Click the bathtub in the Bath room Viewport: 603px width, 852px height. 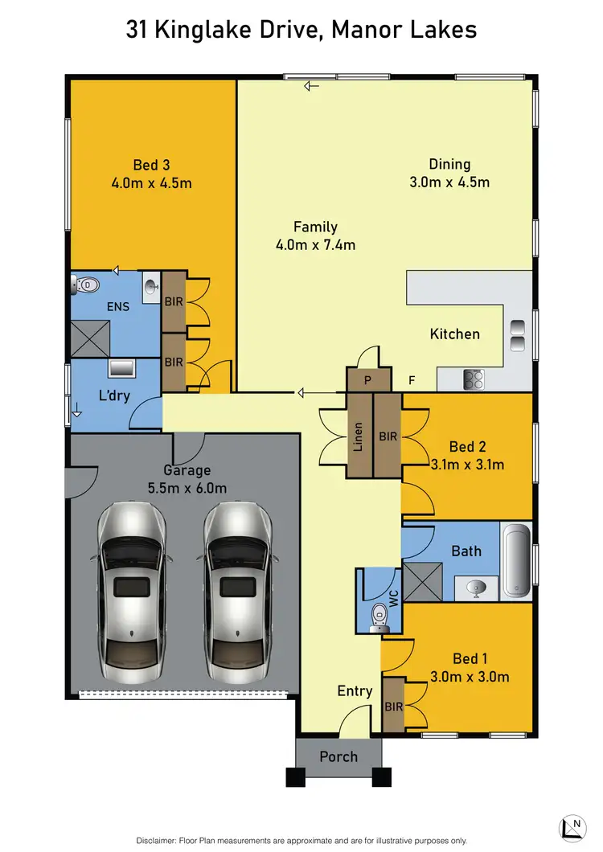[515, 561]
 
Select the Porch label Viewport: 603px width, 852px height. [338, 756]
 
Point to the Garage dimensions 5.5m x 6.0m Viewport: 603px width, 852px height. [187, 488]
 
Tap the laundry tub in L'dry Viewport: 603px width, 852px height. [121, 369]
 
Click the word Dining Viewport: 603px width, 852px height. [449, 164]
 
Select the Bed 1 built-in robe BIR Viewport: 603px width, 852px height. [392, 706]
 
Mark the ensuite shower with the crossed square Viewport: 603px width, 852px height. [90, 336]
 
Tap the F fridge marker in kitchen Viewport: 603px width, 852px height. [412, 381]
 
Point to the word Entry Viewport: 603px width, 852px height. [355, 690]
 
